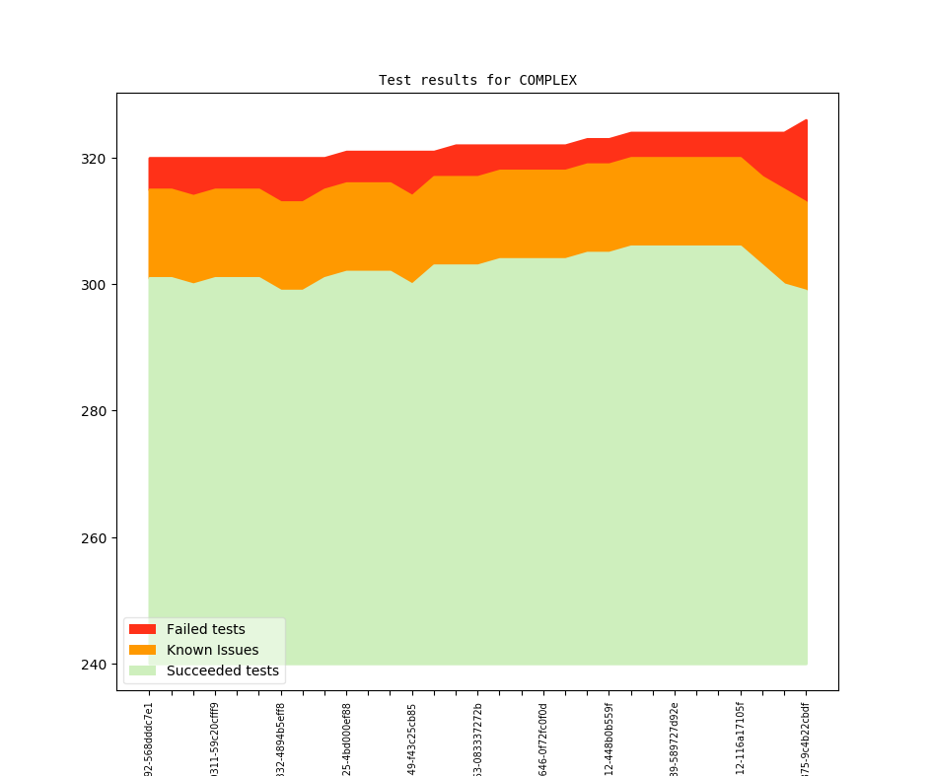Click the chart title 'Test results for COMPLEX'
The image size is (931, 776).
coord(477,80)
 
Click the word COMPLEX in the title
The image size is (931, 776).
coord(547,80)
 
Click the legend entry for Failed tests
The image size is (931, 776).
coord(205,629)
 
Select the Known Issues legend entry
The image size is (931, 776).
coord(212,650)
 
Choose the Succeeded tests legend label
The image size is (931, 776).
coord(222,670)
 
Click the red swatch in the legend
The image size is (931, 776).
coord(142,629)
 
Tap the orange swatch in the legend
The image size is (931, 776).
coord(142,650)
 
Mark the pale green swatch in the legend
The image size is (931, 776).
coord(142,670)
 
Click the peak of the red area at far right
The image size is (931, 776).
coord(807,121)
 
